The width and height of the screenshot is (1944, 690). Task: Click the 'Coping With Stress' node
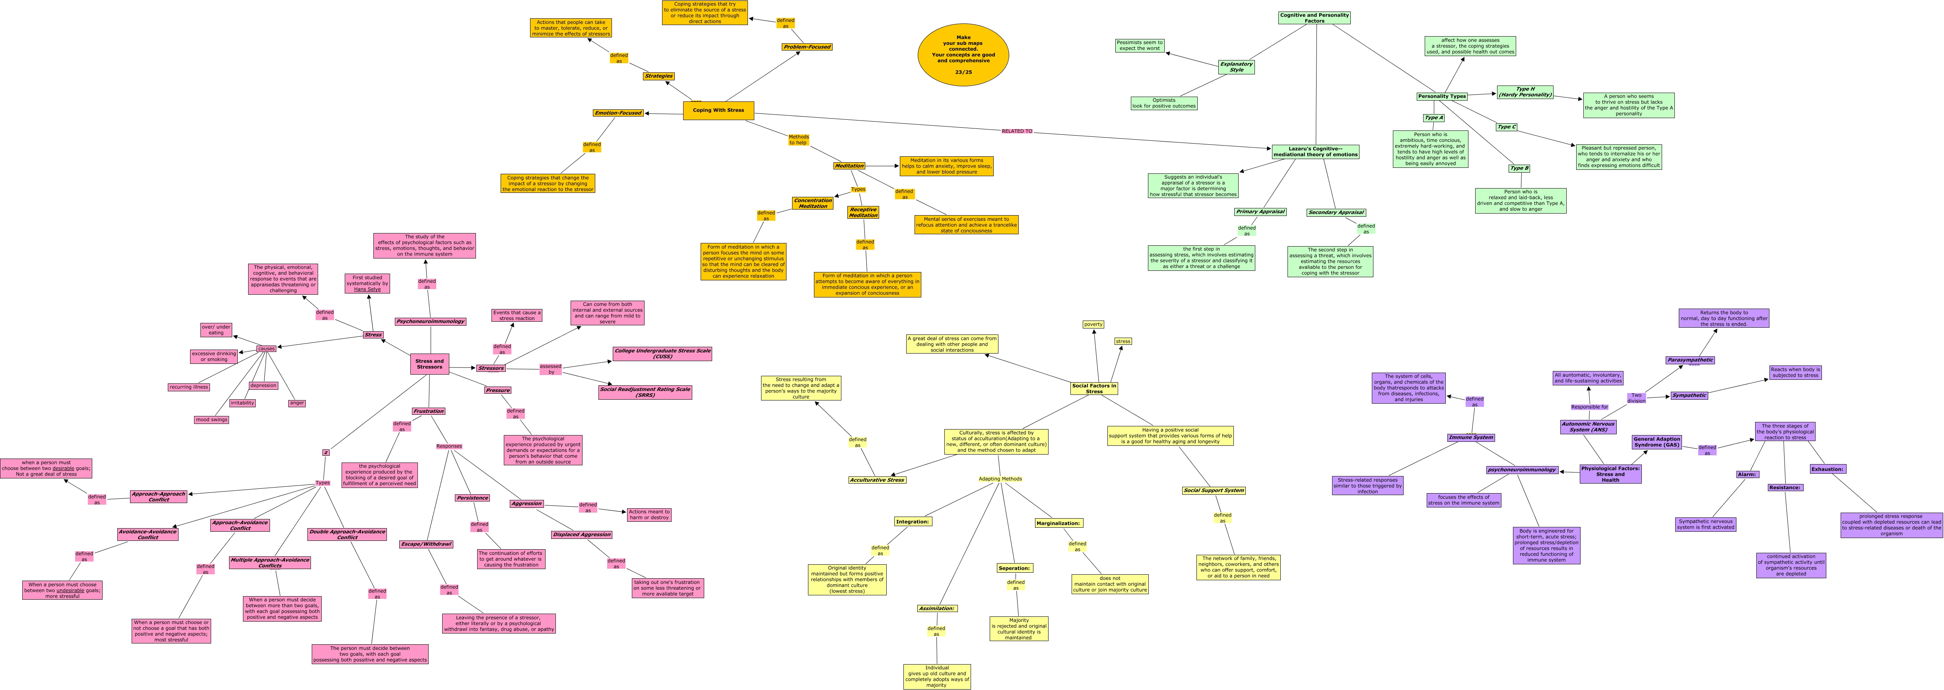718,110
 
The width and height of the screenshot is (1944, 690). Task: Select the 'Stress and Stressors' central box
429,364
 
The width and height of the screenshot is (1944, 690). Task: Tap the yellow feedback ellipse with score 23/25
963,54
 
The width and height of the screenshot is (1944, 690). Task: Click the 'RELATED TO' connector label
1016,131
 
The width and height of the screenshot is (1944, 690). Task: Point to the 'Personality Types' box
1441,97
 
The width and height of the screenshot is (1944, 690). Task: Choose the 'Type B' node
1519,168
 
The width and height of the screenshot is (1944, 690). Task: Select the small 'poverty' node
1093,325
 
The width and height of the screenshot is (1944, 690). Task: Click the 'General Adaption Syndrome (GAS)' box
1657,441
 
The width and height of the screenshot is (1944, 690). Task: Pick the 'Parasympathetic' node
1690,360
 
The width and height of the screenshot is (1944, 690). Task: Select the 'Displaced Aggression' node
581,535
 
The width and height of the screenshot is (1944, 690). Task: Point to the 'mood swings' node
211,420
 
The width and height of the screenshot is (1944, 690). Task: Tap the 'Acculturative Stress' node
877,480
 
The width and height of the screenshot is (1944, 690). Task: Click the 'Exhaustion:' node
1827,469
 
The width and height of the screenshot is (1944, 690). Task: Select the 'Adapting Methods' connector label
1000,478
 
